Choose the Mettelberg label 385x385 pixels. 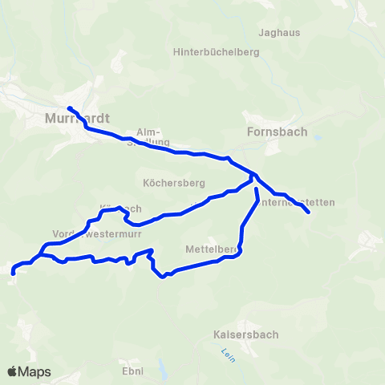coord(211,249)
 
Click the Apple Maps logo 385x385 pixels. coord(30,371)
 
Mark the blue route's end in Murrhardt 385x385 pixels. coord(69,108)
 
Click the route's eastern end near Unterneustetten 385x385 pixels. coord(309,213)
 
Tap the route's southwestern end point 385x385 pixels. coord(14,274)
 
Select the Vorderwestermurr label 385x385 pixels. coord(86,234)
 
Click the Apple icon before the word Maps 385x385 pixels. coord(12,371)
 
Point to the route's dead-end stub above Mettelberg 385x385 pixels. coord(256,190)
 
